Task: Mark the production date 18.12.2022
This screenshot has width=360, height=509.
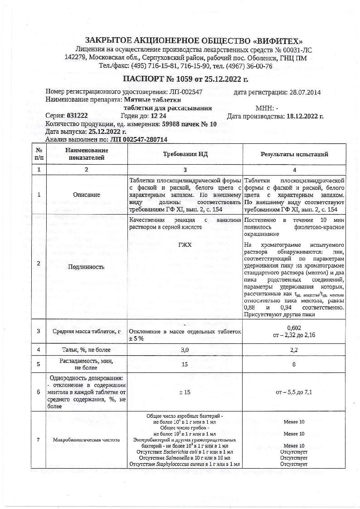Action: [303, 116]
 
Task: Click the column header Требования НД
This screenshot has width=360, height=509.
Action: [185, 154]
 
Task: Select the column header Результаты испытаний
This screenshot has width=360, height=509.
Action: [294, 154]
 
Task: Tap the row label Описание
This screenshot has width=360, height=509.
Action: [87, 195]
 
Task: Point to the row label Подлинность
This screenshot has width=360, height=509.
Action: [86, 267]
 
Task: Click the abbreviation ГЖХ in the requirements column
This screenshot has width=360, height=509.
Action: [185, 245]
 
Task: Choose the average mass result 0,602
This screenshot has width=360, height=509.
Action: [294, 328]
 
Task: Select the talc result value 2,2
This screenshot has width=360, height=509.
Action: [294, 350]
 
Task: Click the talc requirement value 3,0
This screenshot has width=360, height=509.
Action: [185, 350]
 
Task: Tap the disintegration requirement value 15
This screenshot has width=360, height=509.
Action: [185, 364]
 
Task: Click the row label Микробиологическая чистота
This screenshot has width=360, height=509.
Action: [87, 440]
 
